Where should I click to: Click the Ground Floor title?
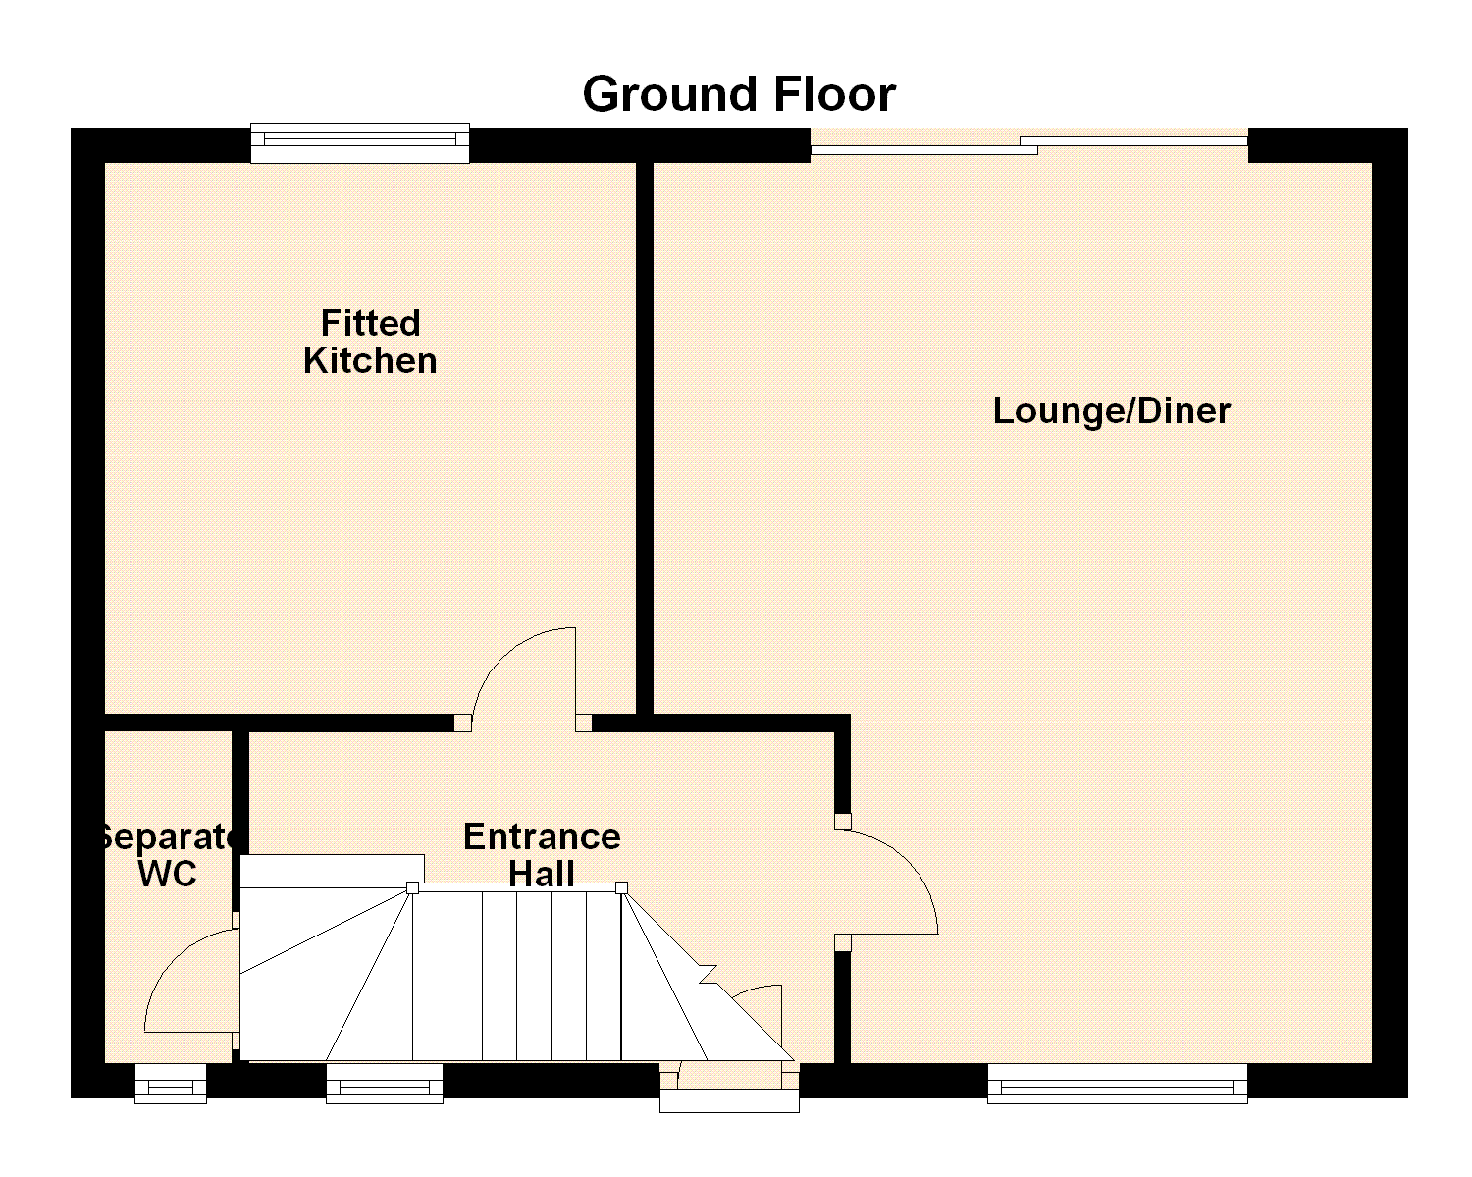[x=739, y=94]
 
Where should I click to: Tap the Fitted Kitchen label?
[x=370, y=342]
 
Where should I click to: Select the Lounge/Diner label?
[x=1112, y=410]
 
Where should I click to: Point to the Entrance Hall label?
[x=542, y=855]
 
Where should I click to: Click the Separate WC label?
[x=168, y=855]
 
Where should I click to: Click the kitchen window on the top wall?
[x=360, y=143]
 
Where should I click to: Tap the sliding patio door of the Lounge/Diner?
[x=1029, y=145]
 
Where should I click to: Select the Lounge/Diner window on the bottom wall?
[x=1118, y=1083]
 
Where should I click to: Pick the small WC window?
[x=171, y=1083]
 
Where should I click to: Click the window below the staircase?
[x=385, y=1083]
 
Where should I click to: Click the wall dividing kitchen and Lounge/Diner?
[x=645, y=438]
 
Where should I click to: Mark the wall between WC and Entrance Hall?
[x=239, y=822]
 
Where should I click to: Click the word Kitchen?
[x=370, y=360]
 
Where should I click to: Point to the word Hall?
[x=542, y=874]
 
